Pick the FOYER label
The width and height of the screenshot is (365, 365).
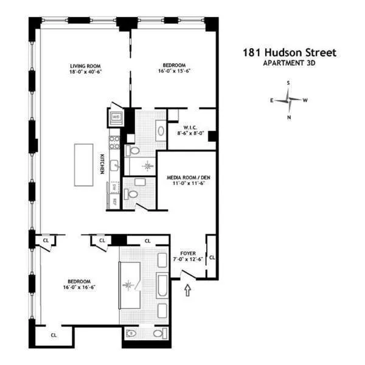187,254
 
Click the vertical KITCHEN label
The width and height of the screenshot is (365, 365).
102,164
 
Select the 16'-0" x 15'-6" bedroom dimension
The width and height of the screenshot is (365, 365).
173,72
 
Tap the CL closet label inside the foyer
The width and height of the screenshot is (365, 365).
212,258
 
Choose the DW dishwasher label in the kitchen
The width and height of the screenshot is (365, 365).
113,188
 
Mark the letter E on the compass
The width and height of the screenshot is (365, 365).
272,100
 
